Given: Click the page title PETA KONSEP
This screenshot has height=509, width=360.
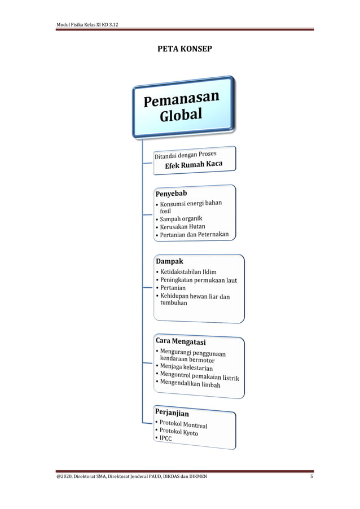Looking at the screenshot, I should (185, 49).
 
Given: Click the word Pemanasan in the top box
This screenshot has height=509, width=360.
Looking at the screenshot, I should (181, 100).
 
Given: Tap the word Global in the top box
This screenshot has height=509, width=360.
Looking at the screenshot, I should (180, 116).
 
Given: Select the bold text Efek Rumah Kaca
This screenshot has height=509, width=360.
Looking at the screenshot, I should (194, 165).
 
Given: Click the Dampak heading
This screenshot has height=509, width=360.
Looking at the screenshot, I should (169, 261).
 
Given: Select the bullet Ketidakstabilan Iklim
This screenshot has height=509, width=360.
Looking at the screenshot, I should (188, 272).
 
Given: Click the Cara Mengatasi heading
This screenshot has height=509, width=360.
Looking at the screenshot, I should (181, 342).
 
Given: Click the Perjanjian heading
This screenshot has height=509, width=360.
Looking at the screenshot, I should (172, 413).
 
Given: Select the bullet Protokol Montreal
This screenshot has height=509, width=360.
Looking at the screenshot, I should (183, 425).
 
